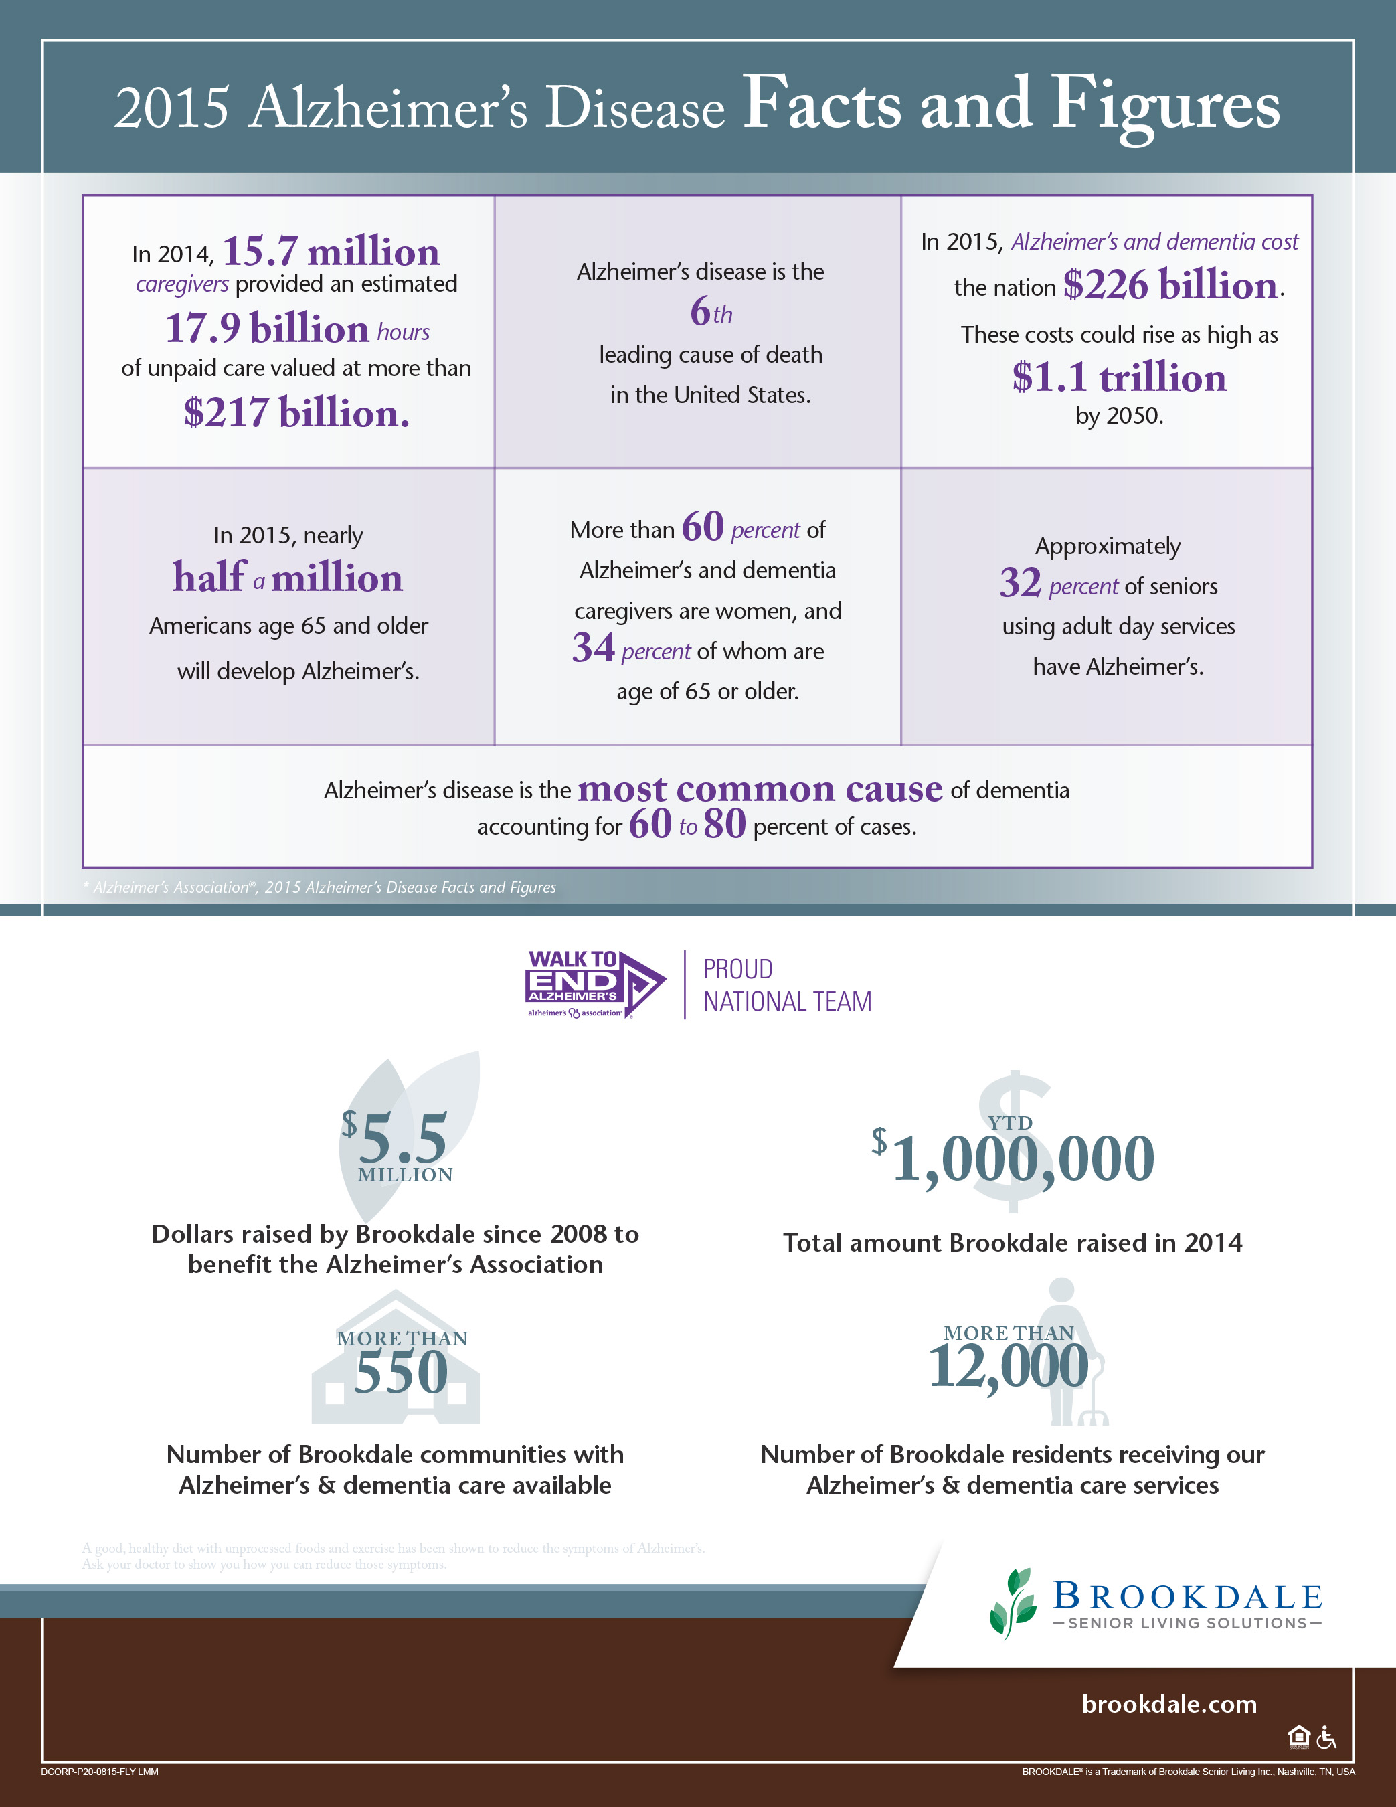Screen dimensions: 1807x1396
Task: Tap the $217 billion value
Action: pyautogui.click(x=296, y=412)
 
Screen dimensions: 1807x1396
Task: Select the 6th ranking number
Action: pyautogui.click(x=710, y=312)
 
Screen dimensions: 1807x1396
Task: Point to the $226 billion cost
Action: pyautogui.click(x=1170, y=286)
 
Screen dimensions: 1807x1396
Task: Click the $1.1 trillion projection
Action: pyautogui.click(x=1119, y=377)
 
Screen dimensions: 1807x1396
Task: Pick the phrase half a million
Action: pyautogui.click(x=287, y=578)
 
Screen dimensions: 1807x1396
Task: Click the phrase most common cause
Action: pyautogui.click(x=760, y=788)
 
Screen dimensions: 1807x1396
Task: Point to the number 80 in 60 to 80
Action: pyautogui.click(x=725, y=824)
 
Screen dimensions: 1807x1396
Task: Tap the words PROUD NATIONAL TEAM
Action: pyautogui.click(x=786, y=985)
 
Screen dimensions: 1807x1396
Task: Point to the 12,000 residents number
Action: pyautogui.click(x=1008, y=1366)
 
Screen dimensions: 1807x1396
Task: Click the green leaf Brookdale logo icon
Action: pyautogui.click(x=1012, y=1603)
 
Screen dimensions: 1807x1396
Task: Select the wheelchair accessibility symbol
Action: pyautogui.click(x=1326, y=1737)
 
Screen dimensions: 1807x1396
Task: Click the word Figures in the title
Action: pyautogui.click(x=1165, y=106)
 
